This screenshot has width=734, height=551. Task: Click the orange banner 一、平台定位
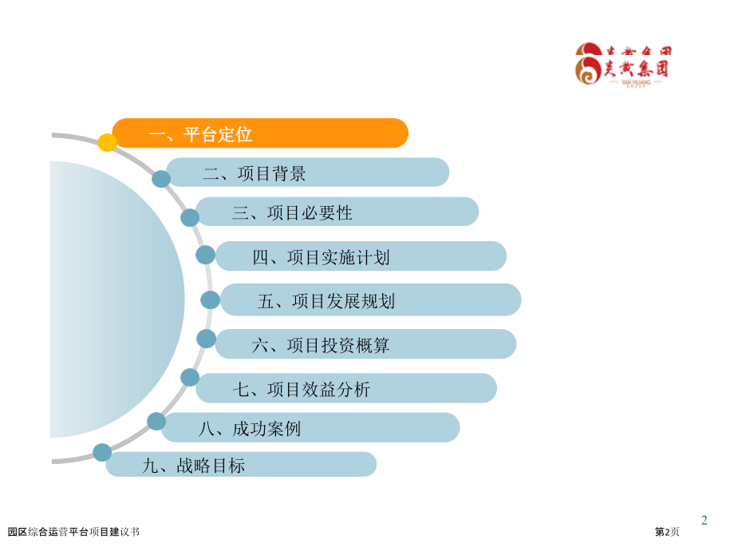click(260, 133)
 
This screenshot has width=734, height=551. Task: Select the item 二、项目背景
click(307, 172)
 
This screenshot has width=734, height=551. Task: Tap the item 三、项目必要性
click(337, 212)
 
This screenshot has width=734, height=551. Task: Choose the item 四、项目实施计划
click(361, 256)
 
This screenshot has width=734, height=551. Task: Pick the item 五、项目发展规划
click(370, 300)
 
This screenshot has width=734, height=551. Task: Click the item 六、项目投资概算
click(365, 345)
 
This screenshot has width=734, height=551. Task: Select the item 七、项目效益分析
click(346, 389)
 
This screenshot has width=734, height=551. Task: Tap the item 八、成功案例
click(310, 428)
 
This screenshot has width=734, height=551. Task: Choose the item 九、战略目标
click(241, 465)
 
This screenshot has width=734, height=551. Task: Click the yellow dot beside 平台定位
click(107, 143)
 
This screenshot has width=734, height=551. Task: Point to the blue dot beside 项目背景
click(161, 179)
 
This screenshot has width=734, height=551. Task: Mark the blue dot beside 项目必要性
click(190, 217)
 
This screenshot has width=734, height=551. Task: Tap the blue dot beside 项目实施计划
click(206, 255)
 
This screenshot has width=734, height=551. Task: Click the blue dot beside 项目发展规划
click(210, 300)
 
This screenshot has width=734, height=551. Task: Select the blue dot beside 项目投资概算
click(206, 339)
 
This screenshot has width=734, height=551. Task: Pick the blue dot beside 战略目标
click(102, 453)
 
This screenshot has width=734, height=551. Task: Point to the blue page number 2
click(704, 521)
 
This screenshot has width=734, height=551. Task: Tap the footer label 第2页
click(667, 532)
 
